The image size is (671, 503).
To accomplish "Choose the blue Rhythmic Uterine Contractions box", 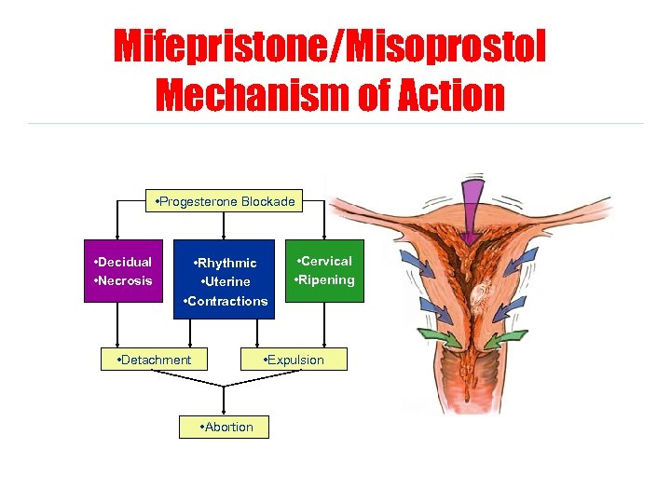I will (x=225, y=281).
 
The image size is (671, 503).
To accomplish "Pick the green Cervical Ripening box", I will (x=324, y=271).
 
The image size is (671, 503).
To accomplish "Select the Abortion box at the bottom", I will (x=224, y=427).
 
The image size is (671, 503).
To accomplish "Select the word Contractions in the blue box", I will (x=226, y=301).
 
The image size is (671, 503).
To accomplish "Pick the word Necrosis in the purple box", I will (x=124, y=280).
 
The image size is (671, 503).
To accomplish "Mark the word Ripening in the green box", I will (x=325, y=279).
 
